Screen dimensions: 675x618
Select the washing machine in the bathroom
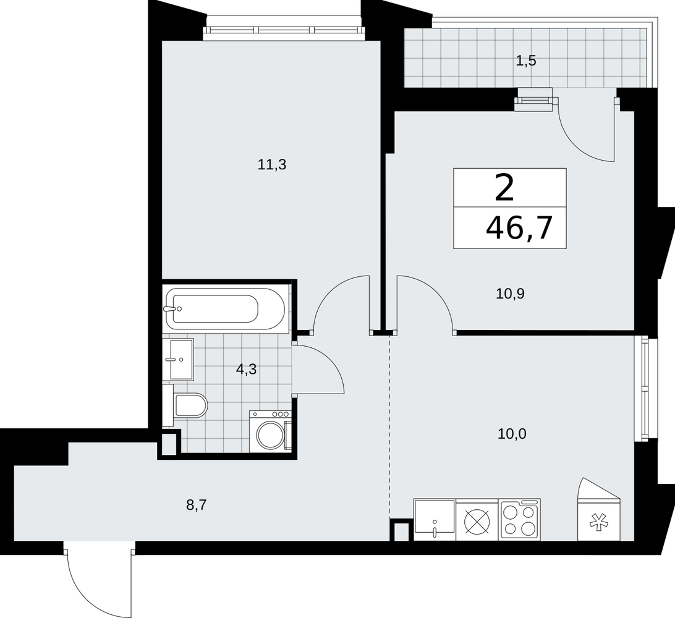pos(270,431)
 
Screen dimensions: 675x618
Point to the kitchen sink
pos(435,519)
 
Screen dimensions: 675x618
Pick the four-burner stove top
pos(520,519)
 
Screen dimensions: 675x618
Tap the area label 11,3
pos(272,164)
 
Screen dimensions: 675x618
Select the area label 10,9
pos(510,294)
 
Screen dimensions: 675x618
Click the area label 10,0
pos(512,434)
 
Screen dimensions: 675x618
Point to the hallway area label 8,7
pos(197,505)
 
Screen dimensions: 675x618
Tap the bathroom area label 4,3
pos(246,369)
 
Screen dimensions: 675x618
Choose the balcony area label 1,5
pos(525,61)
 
